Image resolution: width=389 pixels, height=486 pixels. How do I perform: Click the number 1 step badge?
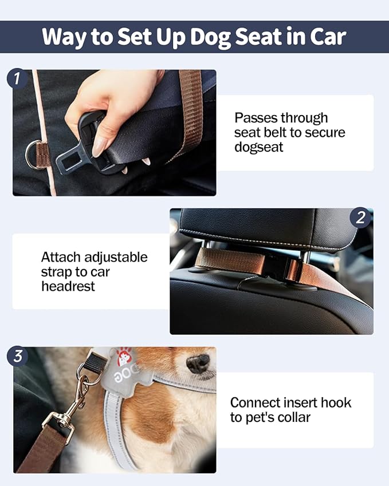17,78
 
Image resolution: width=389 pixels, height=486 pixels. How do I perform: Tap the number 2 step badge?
360,218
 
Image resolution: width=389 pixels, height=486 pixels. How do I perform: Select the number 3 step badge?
17,356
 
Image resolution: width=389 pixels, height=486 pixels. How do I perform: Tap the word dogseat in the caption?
259,147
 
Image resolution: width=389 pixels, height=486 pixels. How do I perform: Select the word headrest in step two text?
68,286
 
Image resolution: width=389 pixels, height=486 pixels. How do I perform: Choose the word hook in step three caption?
335,402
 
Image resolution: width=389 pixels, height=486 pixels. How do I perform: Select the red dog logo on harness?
124,357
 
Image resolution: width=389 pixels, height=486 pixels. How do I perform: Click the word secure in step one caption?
323,132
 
